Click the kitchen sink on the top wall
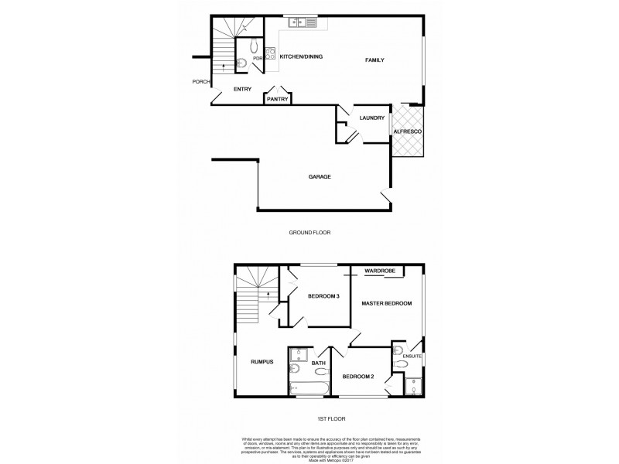tap(299, 23)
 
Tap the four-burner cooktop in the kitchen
tap(270, 53)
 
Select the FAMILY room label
tap(374, 60)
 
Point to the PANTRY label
tap(277, 99)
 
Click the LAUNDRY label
tap(372, 118)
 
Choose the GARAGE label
tap(320, 176)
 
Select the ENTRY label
tap(242, 89)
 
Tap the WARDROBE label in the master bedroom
tap(380, 271)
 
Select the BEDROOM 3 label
tap(323, 296)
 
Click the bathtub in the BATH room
tap(308, 389)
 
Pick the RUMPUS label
tap(262, 360)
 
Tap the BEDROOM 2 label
tap(358, 377)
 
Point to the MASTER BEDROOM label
tap(386, 303)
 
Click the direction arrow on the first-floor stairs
tap(267, 295)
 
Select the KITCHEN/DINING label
tap(301, 56)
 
